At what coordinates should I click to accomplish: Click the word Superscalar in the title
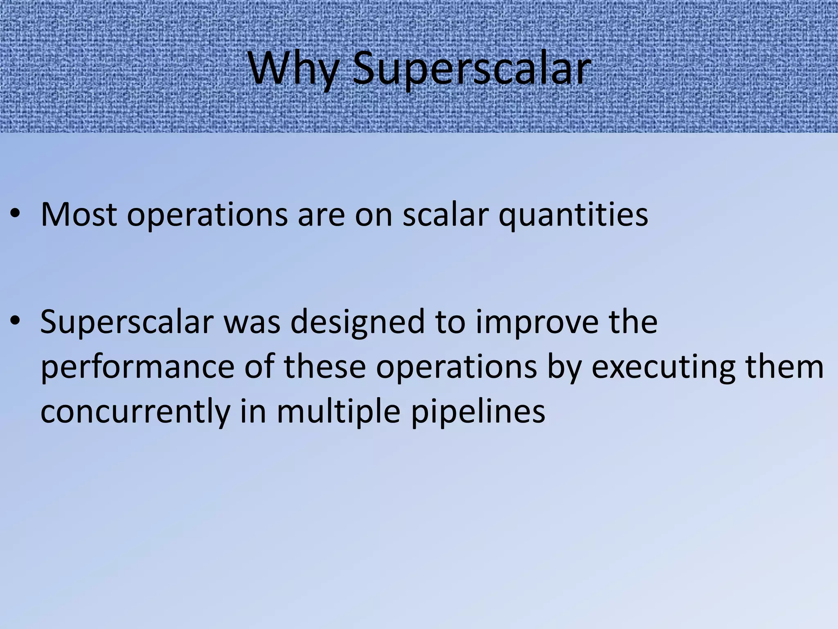coord(471,69)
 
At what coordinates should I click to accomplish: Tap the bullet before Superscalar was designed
coord(15,321)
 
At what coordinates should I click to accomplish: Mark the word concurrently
coord(135,412)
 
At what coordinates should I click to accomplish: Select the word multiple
coord(338,412)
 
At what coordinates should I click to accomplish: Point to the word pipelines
coord(478,412)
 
